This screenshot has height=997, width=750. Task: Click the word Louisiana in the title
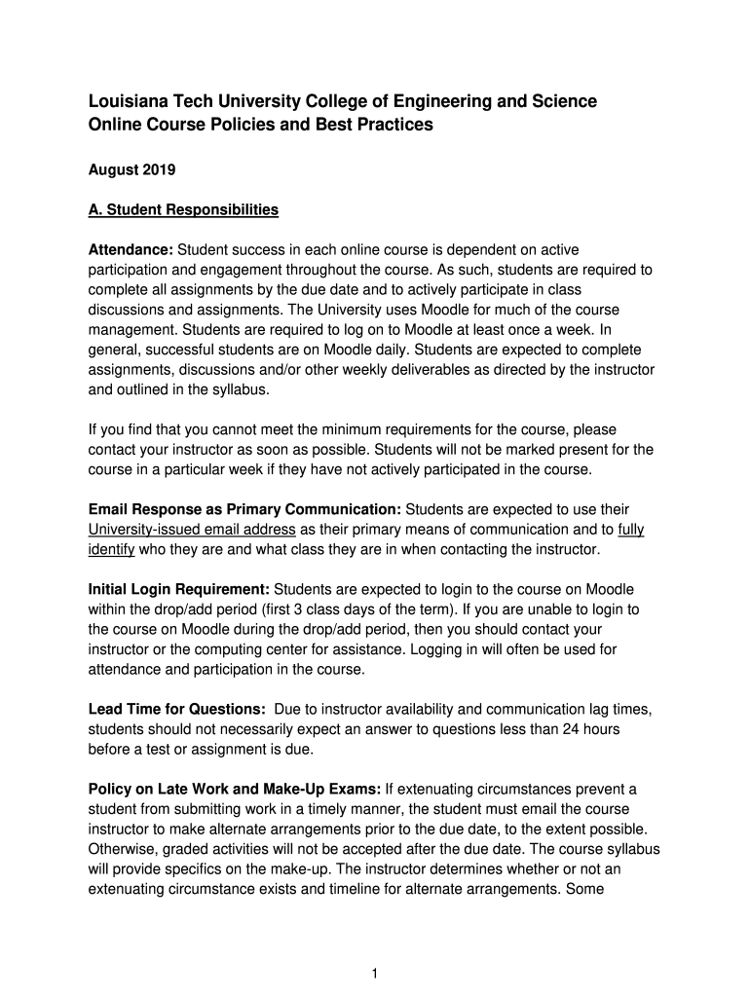point(128,101)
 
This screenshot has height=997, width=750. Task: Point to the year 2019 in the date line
point(158,170)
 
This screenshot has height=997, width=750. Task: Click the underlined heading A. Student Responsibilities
point(183,209)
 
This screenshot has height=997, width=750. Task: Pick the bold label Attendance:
point(131,251)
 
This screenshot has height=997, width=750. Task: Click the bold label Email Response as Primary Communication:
point(244,509)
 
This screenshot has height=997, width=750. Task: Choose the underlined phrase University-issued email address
point(192,530)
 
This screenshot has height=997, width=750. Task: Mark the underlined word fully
point(631,530)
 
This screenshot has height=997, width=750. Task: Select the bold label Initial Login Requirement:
point(179,589)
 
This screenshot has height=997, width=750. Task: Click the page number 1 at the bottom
point(375,973)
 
